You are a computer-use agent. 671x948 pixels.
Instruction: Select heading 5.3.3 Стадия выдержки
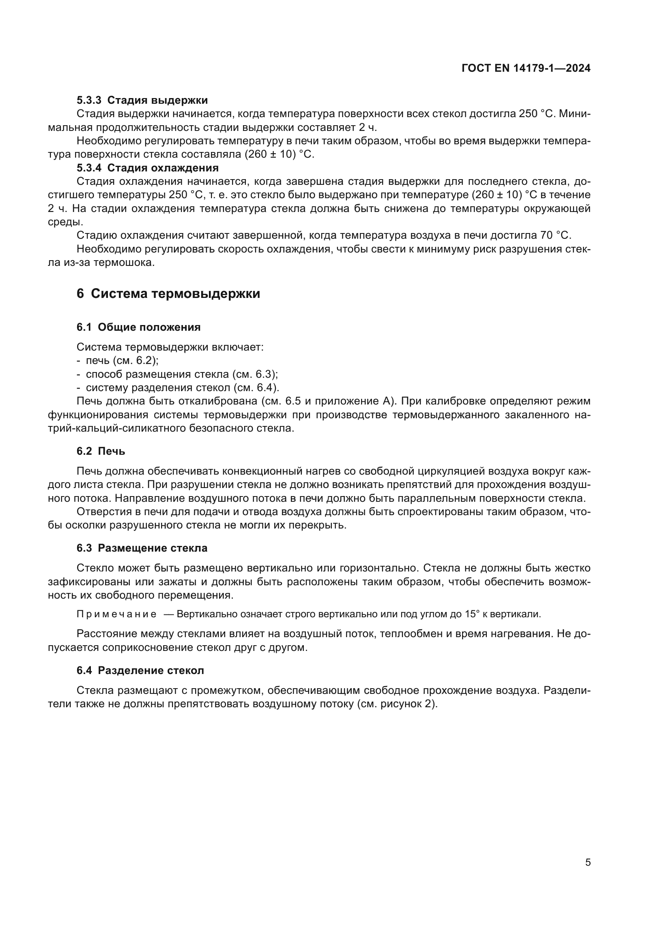(142, 101)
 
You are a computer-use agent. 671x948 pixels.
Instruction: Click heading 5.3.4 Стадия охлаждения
(148, 168)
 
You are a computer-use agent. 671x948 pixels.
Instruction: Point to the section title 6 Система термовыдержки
(168, 293)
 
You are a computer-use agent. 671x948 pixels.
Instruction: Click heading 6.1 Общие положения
(138, 327)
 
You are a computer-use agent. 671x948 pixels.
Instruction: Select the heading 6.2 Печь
(101, 451)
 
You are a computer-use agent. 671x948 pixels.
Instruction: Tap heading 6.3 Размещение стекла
(142, 548)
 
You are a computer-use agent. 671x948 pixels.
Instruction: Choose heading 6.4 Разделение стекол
(140, 670)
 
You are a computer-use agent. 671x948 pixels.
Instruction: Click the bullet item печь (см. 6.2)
(122, 360)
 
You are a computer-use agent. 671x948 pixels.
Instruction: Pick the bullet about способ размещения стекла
(182, 374)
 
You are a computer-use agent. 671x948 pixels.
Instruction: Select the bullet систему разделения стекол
(182, 388)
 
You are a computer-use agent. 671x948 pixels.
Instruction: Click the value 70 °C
(555, 235)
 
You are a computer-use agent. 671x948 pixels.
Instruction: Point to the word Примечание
(116, 614)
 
